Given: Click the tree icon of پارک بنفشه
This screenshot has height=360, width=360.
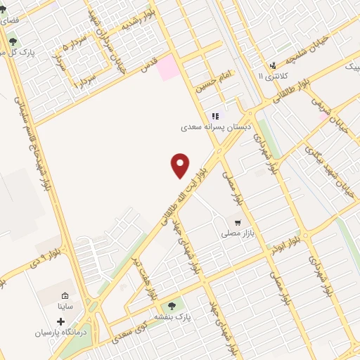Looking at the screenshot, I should (x=172, y=305).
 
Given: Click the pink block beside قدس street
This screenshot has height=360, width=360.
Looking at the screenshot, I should (x=167, y=69).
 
